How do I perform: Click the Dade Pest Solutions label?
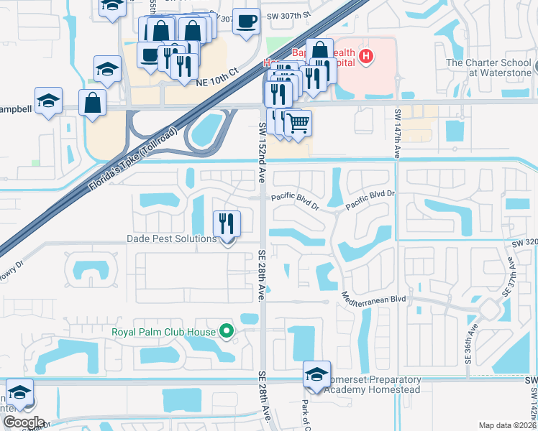[171, 238]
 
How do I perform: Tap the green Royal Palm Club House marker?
[227, 331]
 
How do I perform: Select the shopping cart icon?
[298, 123]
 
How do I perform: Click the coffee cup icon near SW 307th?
[247, 21]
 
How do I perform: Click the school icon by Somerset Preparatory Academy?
[316, 374]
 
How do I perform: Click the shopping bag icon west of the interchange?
[94, 103]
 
